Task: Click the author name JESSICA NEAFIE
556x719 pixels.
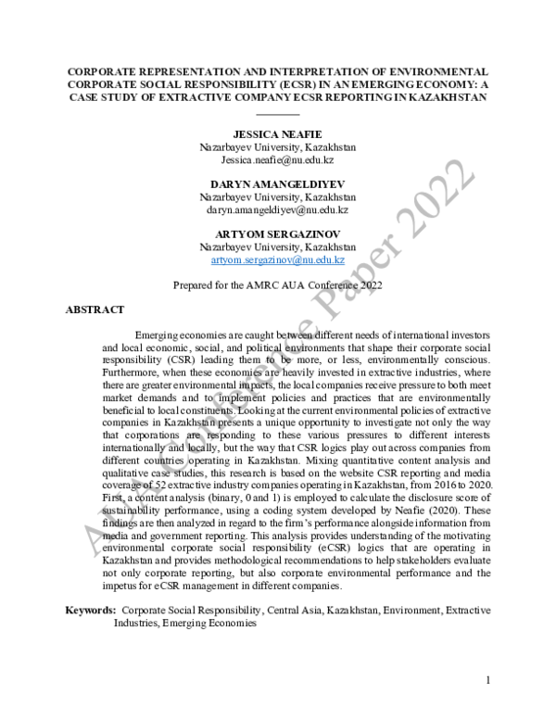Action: pos(278,134)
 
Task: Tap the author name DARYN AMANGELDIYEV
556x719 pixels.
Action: pos(278,184)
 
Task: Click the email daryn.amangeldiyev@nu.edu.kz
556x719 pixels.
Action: pos(278,210)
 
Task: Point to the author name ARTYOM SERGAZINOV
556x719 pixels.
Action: pos(278,235)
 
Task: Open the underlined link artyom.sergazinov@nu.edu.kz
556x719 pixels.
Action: pos(278,260)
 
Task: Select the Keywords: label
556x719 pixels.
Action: pos(91,611)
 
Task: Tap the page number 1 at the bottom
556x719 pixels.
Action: pos(488,681)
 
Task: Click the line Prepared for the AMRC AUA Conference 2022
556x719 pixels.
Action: pos(278,285)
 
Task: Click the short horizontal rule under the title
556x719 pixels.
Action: pos(278,112)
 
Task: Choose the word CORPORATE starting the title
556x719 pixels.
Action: pos(102,70)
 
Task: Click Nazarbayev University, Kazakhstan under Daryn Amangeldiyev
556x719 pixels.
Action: pos(278,197)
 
